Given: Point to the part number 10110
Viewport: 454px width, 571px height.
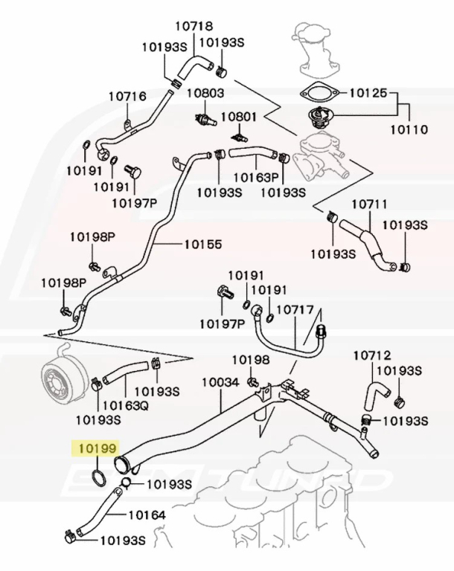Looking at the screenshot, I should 409,129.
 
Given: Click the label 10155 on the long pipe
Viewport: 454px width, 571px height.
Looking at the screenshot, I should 203,243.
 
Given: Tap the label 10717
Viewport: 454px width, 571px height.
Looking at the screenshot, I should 295,309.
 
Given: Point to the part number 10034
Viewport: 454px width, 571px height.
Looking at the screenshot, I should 220,382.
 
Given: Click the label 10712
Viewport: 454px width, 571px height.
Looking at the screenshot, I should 371,355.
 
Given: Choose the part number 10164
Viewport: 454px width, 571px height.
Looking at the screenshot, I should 147,514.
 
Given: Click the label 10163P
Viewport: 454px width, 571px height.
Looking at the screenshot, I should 255,178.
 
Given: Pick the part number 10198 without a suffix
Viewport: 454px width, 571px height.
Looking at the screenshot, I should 250,361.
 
